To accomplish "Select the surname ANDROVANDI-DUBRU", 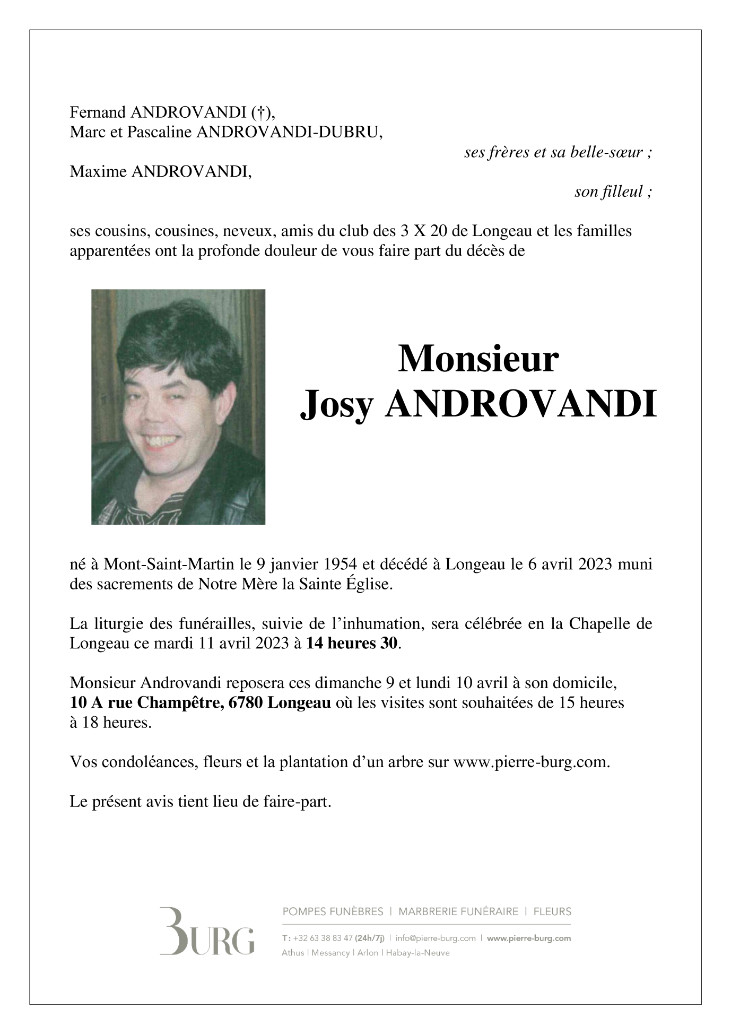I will [289, 132].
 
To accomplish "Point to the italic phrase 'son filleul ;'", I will [613, 192].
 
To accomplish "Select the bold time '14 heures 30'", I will [352, 643].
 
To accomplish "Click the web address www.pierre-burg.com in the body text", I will [530, 762].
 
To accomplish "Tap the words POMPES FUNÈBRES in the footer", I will [333, 912].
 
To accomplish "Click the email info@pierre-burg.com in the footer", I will [436, 938].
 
